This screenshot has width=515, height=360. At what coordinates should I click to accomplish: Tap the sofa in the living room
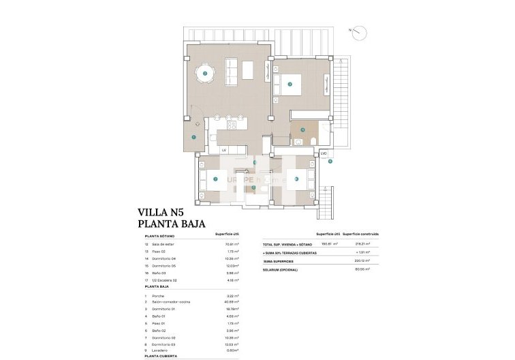(x=232, y=70)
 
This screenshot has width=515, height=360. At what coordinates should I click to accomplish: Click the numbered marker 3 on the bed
(x=290, y=84)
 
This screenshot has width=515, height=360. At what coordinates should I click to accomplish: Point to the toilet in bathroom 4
(x=313, y=140)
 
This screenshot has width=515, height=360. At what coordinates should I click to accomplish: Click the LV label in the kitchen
(x=223, y=150)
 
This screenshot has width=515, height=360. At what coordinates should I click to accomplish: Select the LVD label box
(x=324, y=153)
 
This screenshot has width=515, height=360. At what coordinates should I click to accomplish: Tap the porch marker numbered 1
(x=194, y=137)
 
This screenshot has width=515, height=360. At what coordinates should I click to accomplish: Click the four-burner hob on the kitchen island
(x=231, y=125)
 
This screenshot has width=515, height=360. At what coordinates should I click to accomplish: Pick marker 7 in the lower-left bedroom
(x=215, y=179)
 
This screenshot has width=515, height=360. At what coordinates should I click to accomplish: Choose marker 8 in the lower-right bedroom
(x=296, y=179)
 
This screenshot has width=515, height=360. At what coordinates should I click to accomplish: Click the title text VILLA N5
(x=161, y=212)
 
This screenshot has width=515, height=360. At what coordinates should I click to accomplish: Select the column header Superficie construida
(x=360, y=234)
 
